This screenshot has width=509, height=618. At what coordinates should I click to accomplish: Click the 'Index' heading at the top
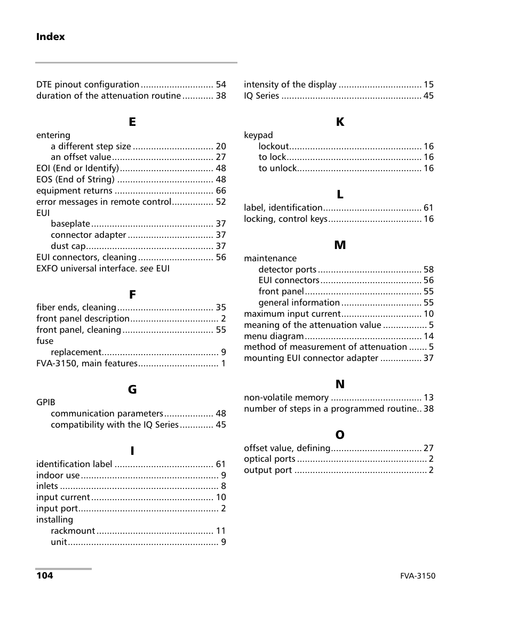pos(50,37)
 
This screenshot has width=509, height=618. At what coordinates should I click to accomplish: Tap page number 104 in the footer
pos(44,576)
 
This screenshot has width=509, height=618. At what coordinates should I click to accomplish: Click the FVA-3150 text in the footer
pos(418,576)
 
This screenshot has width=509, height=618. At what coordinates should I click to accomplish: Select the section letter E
pos(132,122)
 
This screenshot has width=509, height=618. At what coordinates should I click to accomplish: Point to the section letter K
pos(340,122)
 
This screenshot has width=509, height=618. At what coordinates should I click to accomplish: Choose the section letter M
pos(340,245)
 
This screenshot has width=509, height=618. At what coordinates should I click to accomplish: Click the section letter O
pos(340,436)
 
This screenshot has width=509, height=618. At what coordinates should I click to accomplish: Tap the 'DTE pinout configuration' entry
pos(88,85)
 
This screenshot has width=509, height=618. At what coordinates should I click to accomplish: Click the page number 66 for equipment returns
pos(221,191)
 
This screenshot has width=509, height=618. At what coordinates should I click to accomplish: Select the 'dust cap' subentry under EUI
pos(68,246)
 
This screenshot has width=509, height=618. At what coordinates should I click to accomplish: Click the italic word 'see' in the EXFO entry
pos(146,269)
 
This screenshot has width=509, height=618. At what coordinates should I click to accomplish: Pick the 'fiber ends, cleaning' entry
pos(76,308)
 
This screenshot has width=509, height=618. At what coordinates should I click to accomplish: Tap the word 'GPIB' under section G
pos(45,403)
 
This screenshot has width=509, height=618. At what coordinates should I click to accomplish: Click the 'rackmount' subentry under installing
pos(73,531)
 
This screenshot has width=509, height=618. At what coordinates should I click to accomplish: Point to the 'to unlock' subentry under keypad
pos(277,168)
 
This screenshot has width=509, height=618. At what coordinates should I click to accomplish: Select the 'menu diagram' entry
pos(274,336)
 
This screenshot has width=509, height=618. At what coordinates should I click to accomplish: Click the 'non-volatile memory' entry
pos(286,398)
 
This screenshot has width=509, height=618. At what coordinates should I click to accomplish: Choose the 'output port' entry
pos(268,470)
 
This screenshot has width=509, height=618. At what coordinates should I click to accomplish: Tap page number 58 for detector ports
pos(428,270)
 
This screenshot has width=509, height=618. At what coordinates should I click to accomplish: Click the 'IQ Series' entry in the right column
pos(261,96)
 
